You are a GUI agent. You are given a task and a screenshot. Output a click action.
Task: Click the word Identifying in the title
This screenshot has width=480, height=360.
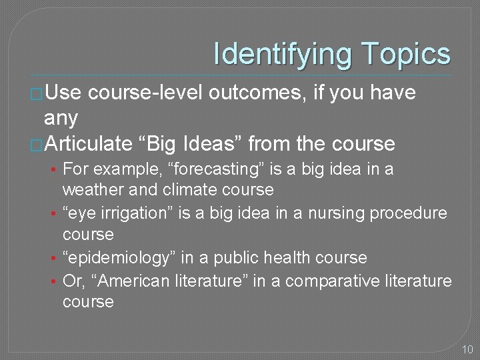(x=283, y=54)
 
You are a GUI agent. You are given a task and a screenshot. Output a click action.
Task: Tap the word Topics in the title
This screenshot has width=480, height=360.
(x=406, y=54)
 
